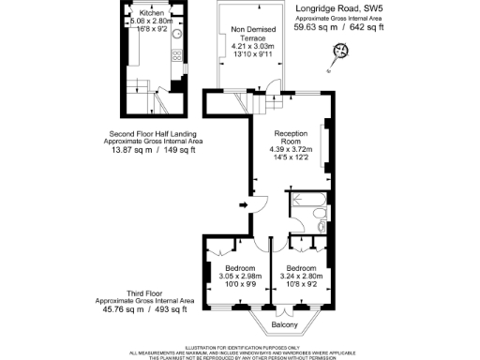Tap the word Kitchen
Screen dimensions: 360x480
pyautogui.click(x=152, y=12)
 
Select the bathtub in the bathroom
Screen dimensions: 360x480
pyautogui.click(x=307, y=201)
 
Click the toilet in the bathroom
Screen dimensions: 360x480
pyautogui.click(x=322, y=225)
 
